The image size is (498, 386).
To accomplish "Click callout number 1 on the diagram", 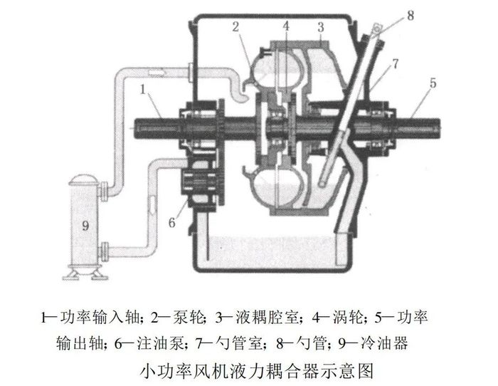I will [145, 90].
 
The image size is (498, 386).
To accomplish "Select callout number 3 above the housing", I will [321, 27].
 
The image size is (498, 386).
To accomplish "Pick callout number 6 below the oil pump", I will [171, 221].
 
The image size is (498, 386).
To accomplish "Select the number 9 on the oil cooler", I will [85, 225].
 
